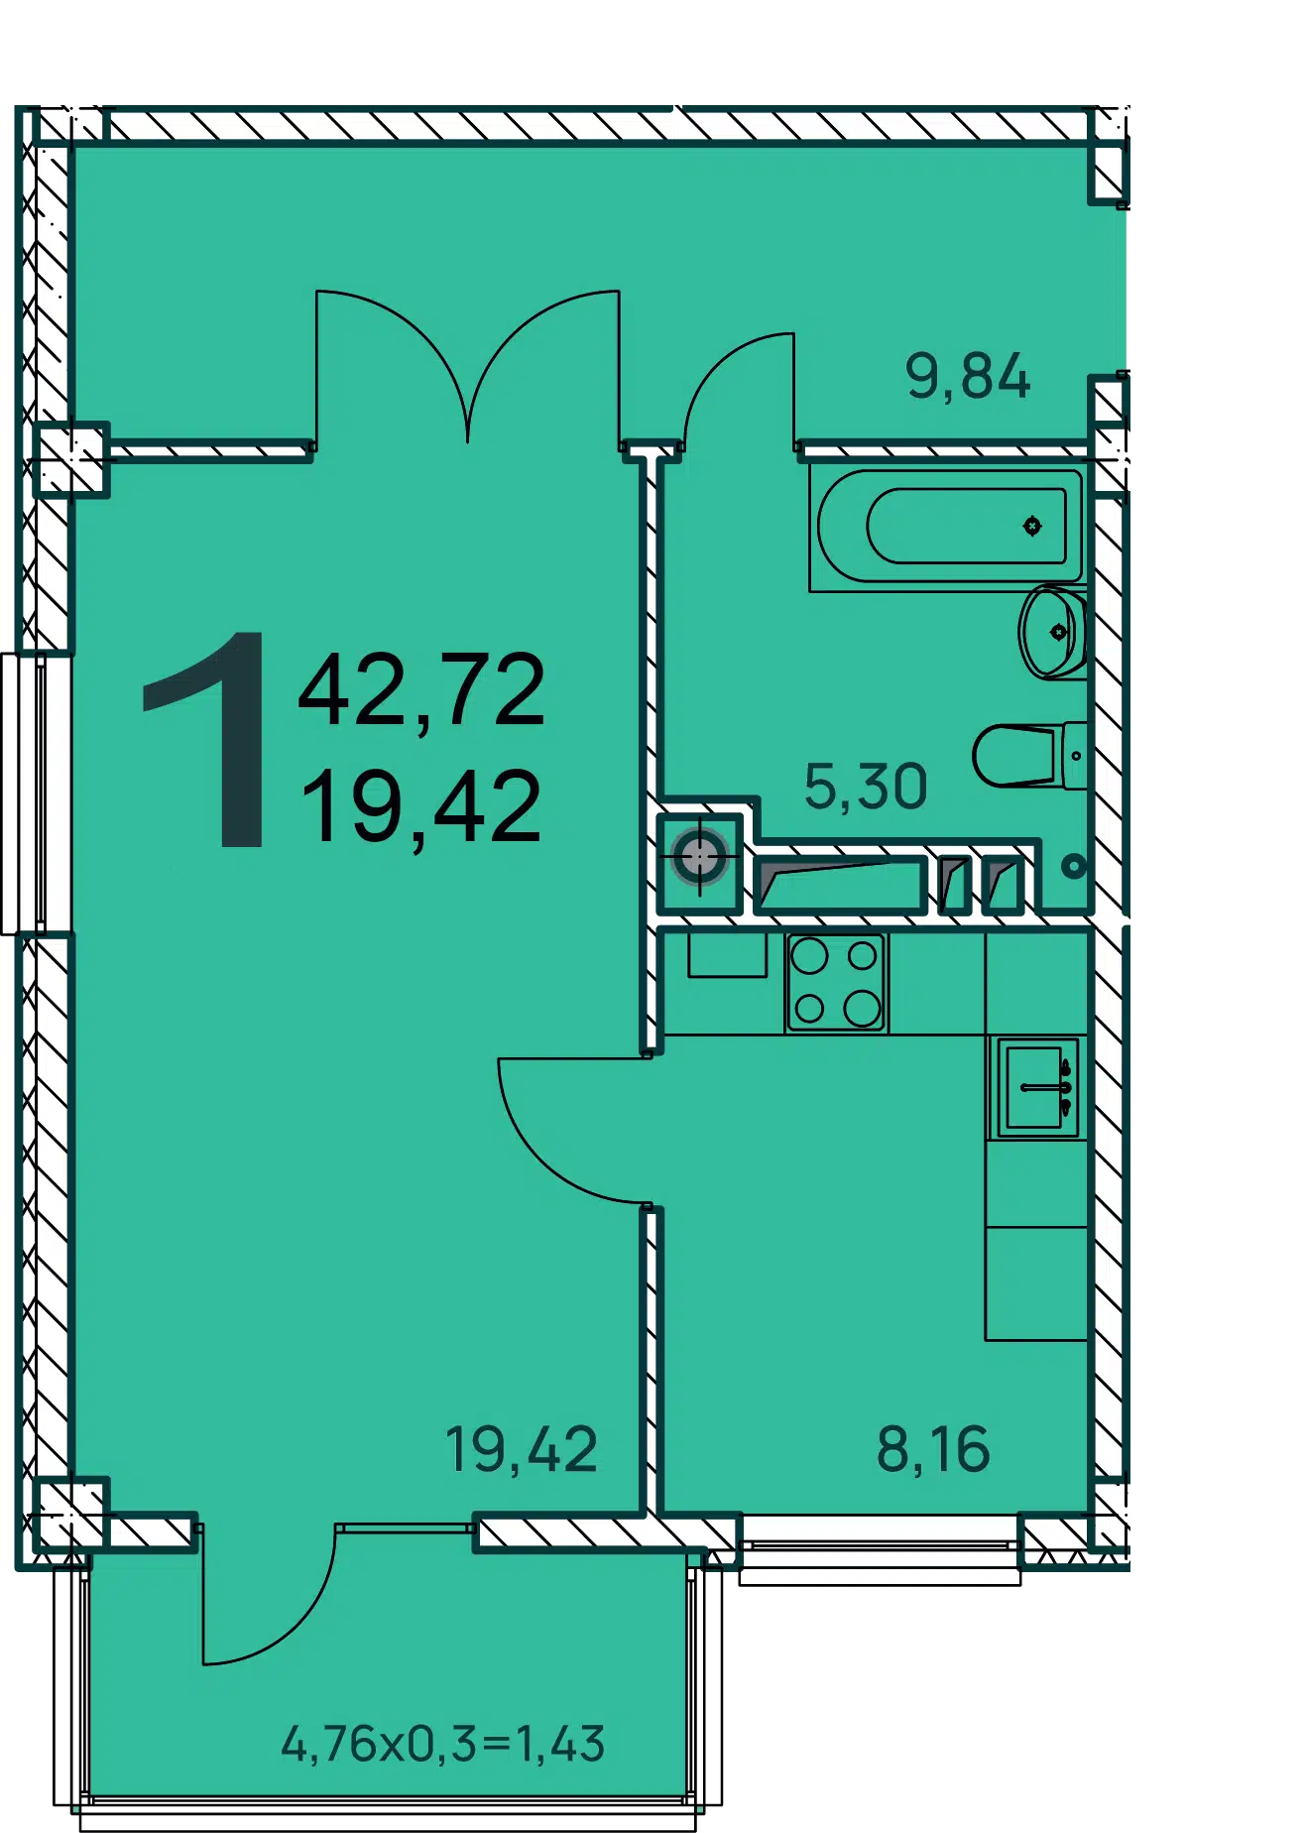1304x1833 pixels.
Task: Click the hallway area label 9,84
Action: point(968,378)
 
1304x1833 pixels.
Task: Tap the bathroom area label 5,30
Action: point(866,788)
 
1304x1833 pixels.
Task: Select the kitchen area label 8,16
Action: point(933,1449)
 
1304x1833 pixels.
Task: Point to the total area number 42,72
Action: point(422,691)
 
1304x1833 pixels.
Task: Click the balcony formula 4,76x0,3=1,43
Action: point(443,1744)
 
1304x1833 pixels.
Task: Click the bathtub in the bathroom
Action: point(949,527)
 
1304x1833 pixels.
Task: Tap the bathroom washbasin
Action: point(1053,632)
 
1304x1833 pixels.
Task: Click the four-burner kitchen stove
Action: point(836,983)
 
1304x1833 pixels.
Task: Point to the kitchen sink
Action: point(1037,1088)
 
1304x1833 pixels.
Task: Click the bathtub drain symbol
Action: point(1032,526)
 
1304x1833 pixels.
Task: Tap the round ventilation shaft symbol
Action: point(700,856)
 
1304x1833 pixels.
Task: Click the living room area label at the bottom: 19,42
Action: point(521,1449)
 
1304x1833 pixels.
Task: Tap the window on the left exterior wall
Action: point(24,794)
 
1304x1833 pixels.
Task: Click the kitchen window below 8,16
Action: point(880,1548)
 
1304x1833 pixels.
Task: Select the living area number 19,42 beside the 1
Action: point(421,808)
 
